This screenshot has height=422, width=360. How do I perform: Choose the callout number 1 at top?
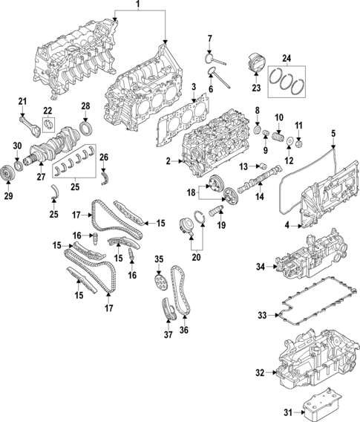click(x=137, y=6)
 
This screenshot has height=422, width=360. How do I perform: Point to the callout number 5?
click(x=333, y=133)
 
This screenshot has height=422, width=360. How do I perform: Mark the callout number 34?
click(x=261, y=266)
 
